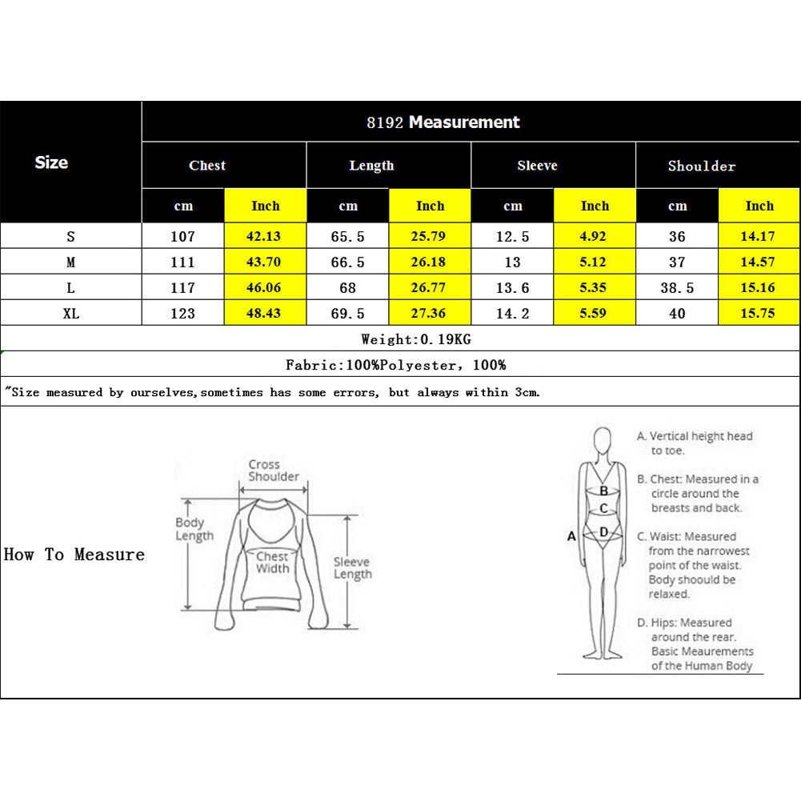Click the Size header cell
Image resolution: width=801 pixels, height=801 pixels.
pos(51,162)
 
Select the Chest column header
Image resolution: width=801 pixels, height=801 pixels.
pos(207,166)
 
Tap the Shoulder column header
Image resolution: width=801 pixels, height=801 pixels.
pos(701,166)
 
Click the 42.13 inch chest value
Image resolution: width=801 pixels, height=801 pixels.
pos(265,236)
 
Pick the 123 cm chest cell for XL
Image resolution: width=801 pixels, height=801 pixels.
pos(182,314)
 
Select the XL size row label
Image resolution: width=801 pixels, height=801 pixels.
pos(70,314)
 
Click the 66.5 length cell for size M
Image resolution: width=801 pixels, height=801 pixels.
pos(347,262)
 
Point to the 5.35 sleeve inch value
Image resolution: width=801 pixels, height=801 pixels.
pos(594,288)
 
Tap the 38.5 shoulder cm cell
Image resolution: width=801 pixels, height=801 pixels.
pos(677,288)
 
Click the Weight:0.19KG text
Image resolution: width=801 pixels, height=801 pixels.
pos(416,339)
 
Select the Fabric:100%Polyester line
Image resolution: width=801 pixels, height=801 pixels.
pos(396,365)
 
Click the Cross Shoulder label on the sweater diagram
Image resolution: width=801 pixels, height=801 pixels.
pos(273,471)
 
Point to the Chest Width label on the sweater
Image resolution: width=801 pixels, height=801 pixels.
pos(272,562)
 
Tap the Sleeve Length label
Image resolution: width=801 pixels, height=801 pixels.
pos(352,568)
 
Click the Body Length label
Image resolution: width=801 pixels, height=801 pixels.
pos(194,529)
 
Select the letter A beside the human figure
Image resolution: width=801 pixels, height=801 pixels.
pos(571,536)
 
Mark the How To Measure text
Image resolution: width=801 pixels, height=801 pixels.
pos(74,555)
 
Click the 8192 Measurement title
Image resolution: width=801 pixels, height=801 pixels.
pos(443,122)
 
